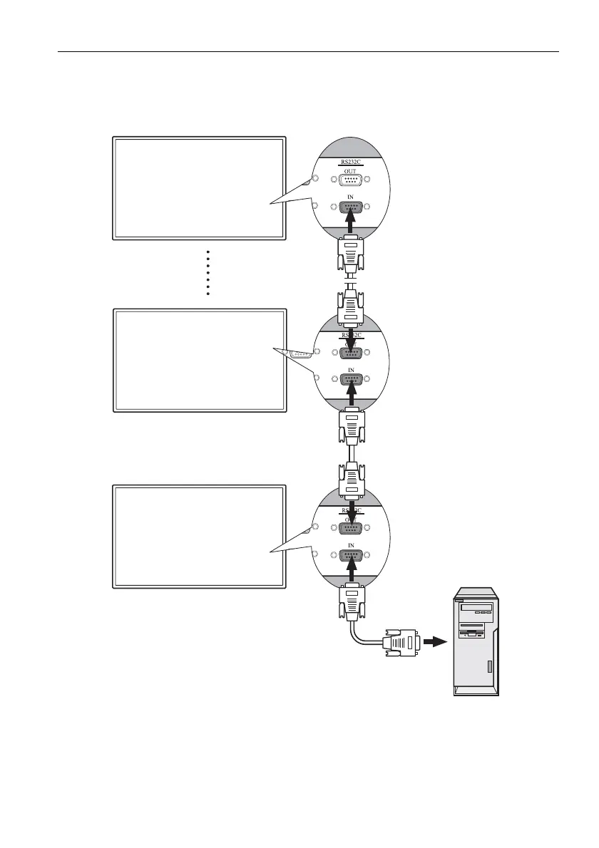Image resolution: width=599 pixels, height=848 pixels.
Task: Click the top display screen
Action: [x=199, y=187]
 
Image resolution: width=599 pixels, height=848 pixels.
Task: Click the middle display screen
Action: [x=199, y=360]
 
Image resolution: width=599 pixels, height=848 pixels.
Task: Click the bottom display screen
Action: [x=199, y=536]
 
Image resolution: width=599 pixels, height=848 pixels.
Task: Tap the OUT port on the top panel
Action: [x=351, y=180]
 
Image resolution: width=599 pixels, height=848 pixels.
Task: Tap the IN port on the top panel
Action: [x=351, y=207]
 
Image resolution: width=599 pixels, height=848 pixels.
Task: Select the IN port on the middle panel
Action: [x=351, y=379]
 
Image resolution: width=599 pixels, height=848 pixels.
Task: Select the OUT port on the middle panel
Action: [x=351, y=353]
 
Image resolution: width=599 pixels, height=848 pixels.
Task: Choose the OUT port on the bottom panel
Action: [x=351, y=528]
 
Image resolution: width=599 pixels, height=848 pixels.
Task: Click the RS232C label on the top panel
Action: [x=351, y=162]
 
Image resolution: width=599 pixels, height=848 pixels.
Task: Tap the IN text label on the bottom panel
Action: [x=351, y=544]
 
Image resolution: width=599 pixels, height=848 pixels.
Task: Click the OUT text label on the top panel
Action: [x=351, y=170]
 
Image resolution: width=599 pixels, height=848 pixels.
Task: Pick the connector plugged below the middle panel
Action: [x=351, y=426]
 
